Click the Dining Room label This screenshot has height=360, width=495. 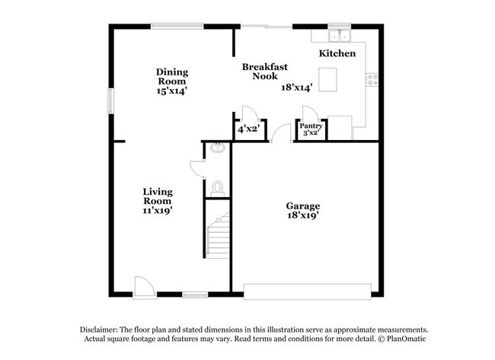tap(172, 77)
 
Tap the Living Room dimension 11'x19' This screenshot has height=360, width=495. tap(158, 211)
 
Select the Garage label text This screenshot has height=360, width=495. tap(302, 205)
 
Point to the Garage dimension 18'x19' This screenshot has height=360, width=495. tap(302, 215)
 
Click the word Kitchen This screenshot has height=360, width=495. tap(337, 54)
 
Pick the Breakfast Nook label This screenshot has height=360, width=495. tap(264, 72)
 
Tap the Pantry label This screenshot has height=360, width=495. tap(311, 126)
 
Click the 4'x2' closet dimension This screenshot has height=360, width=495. tap(249, 129)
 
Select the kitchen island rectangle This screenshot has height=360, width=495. tap(327, 79)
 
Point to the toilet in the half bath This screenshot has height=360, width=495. tap(218, 186)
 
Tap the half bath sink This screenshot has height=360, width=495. tap(217, 148)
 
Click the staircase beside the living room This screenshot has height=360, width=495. tap(218, 234)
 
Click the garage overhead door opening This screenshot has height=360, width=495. tap(308, 290)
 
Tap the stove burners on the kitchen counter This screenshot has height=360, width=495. tap(372, 78)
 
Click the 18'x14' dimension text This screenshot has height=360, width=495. tap(297, 88)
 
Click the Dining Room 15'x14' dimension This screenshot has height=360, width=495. tap(172, 91)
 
